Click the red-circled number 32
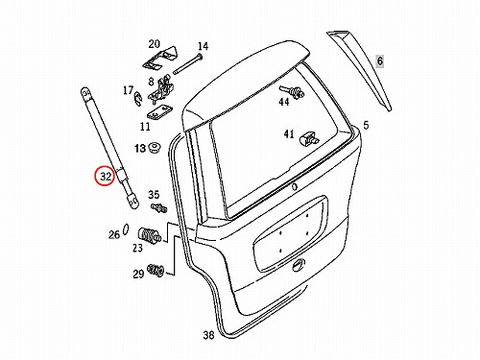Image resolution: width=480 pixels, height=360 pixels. (x=106, y=177)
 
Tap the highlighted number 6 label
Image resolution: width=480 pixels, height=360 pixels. (x=380, y=60)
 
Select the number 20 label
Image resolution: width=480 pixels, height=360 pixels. (x=154, y=44)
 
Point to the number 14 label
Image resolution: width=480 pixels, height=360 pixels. (x=203, y=47)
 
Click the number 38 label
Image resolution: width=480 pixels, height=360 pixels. (x=208, y=335)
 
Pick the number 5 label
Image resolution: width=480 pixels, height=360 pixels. (x=366, y=125)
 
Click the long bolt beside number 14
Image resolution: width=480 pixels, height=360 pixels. (x=188, y=64)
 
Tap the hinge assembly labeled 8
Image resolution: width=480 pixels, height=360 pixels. (x=161, y=88)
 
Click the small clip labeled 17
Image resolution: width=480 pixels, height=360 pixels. (x=136, y=98)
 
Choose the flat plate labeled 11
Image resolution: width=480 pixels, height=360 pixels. (x=159, y=113)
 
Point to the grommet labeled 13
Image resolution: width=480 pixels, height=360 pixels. (x=155, y=148)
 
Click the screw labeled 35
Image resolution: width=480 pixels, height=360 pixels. (x=159, y=208)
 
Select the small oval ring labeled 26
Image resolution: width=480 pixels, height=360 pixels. (x=126, y=229)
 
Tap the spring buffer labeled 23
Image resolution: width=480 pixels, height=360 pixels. (x=149, y=236)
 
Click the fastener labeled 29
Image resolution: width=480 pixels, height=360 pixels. (x=156, y=270)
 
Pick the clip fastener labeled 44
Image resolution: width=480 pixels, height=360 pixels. (x=292, y=91)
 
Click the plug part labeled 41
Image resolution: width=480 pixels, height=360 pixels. (x=308, y=138)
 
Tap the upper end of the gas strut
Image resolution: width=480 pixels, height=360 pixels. (x=85, y=92)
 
